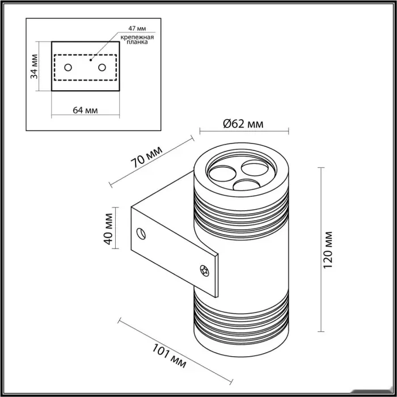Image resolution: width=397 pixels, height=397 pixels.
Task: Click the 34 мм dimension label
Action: tap(34, 66)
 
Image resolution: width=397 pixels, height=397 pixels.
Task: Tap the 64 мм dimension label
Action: tap(85, 111)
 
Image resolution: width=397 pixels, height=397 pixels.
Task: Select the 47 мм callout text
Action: tap(137, 28)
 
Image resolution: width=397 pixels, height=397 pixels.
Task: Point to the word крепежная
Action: tap(137, 37)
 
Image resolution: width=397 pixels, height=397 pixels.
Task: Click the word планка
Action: tap(137, 42)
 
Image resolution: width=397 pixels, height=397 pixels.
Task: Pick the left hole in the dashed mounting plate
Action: tap(68, 67)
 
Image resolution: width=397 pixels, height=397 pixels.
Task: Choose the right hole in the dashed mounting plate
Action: tap(102, 67)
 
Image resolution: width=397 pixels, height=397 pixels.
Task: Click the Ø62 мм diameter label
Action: tap(243, 124)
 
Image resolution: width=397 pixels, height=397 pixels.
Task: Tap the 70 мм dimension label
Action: tap(147, 157)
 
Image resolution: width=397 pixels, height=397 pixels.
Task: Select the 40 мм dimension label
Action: tap(108, 229)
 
